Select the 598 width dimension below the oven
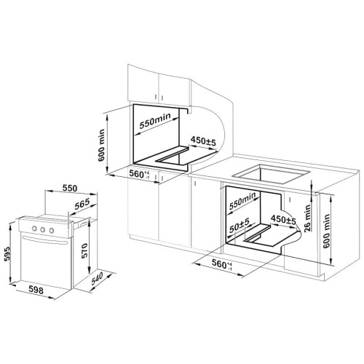click(36, 290)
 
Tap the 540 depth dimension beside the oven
click(98, 278)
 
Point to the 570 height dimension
click(84, 251)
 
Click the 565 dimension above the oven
click(82, 204)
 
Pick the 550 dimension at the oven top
click(70, 188)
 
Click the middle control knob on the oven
click(43, 229)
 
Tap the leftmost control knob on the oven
click(34, 229)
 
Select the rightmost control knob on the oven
click(52, 231)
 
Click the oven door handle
click(45, 240)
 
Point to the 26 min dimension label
click(307, 218)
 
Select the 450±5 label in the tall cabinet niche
click(203, 141)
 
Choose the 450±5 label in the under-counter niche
click(283, 220)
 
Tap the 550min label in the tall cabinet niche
click(155, 121)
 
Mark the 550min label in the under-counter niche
click(242, 200)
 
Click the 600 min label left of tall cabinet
click(101, 145)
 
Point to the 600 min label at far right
click(326, 231)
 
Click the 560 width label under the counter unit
click(222, 264)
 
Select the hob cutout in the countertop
click(271, 174)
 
